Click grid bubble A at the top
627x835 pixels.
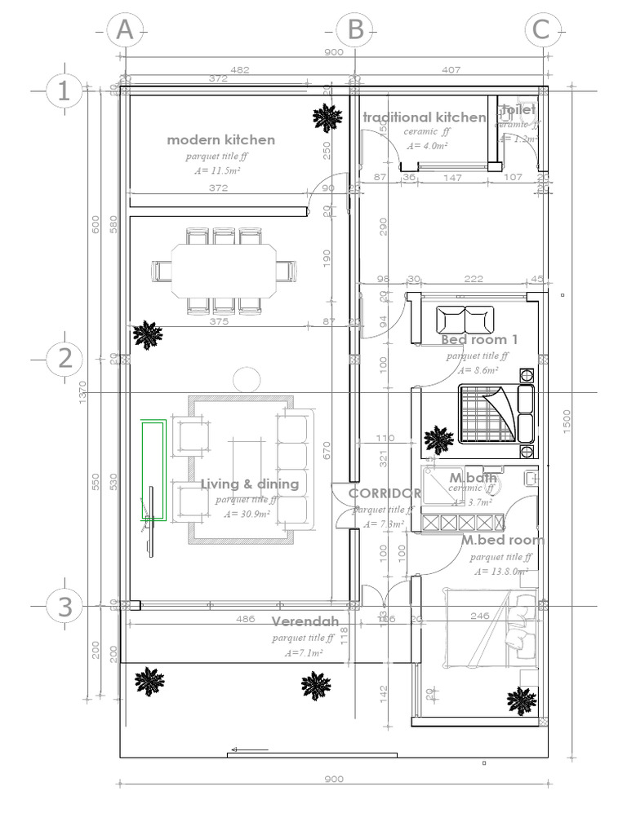(x=124, y=30)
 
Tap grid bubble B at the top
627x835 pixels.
(x=355, y=30)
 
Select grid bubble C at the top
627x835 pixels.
(x=541, y=30)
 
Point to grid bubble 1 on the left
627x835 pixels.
(x=64, y=91)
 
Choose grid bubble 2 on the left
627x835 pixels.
(x=64, y=359)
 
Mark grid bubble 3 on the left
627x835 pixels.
(x=64, y=606)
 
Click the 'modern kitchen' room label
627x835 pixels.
(x=220, y=139)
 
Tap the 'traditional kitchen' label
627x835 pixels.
(x=425, y=117)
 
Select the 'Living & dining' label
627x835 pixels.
(x=250, y=484)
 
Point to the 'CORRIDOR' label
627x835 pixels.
(x=385, y=493)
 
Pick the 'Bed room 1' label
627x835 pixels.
(x=479, y=339)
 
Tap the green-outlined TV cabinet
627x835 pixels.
(x=153, y=470)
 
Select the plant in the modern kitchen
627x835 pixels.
(x=327, y=119)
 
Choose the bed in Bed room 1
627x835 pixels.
(x=494, y=414)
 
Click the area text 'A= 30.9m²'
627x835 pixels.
(x=248, y=514)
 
